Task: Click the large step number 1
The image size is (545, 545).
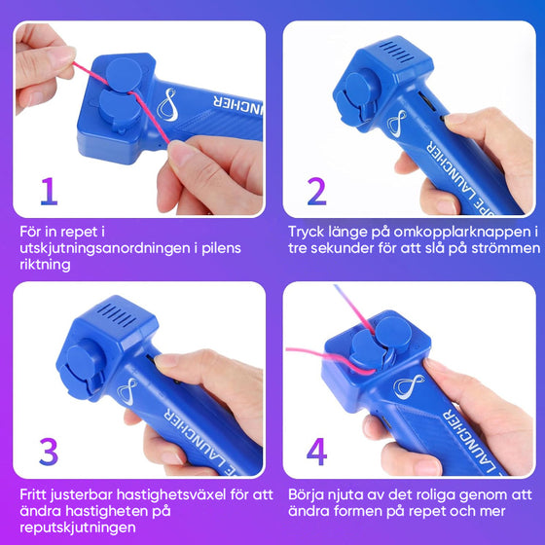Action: click(50, 191)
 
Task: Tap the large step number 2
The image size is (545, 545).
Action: click(316, 191)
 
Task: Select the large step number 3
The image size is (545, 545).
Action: click(49, 452)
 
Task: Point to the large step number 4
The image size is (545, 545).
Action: click(317, 452)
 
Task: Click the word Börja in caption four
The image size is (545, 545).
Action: click(306, 495)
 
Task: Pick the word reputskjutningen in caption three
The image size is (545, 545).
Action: click(78, 527)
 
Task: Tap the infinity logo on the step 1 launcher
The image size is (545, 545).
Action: click(167, 105)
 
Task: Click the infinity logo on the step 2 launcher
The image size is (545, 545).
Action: click(397, 123)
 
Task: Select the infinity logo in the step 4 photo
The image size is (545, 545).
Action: click(410, 385)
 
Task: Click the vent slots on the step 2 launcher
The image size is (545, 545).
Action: click(395, 53)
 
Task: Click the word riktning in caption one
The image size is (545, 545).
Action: click(45, 265)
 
